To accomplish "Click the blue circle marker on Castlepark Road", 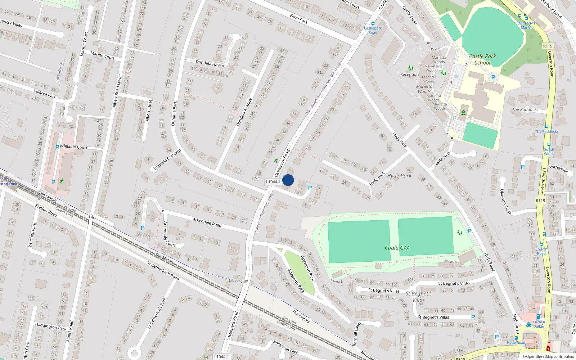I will tap(288, 180).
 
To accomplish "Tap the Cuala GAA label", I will tap(397, 248).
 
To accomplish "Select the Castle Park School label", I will tap(482, 59).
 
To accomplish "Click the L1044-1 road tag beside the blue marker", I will tap(273, 182).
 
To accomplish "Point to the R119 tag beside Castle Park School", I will tap(548, 46).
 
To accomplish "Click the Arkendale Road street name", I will tap(207, 222).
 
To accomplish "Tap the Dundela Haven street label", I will tap(210, 64).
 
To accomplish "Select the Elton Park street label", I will tap(299, 19).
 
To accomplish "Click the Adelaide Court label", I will tap(74, 147).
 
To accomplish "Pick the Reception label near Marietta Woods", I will tap(409, 75).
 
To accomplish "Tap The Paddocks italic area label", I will tap(525, 109).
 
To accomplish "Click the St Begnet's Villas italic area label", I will tap(418, 297).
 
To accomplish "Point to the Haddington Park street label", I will tap(51, 327).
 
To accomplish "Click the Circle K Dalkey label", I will tap(539, 324).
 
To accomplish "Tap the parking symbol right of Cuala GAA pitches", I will tap(469, 231).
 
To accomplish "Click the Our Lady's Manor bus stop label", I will tap(526, 25).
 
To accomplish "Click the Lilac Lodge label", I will tap(238, 280).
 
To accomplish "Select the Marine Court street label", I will tap(103, 55).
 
